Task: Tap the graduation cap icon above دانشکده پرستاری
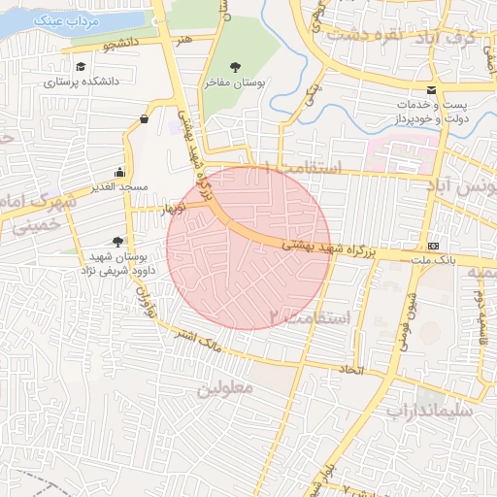pos(81,66)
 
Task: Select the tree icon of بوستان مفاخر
pos(236,67)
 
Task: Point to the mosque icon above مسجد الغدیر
pos(120,170)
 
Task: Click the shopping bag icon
pos(145,118)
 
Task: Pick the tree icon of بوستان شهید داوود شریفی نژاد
pos(118,241)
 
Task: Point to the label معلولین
pos(225,388)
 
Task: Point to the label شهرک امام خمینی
pos(34,211)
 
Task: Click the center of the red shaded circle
pos(248,248)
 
